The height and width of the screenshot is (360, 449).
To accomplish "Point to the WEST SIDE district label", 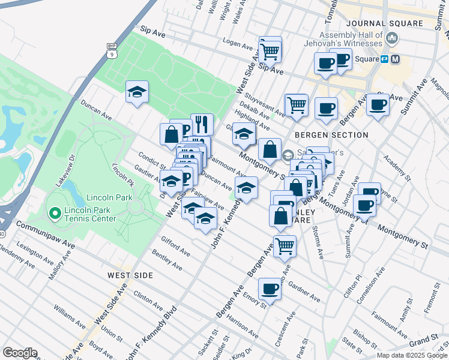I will [x=130, y=275].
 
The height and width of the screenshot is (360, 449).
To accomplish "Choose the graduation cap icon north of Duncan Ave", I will [x=137, y=92].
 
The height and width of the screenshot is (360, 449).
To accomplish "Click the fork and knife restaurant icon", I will [x=202, y=124].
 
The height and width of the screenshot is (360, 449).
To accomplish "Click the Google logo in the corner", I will [x=20, y=352].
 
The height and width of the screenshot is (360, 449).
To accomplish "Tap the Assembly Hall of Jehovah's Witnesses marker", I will [x=392, y=39].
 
